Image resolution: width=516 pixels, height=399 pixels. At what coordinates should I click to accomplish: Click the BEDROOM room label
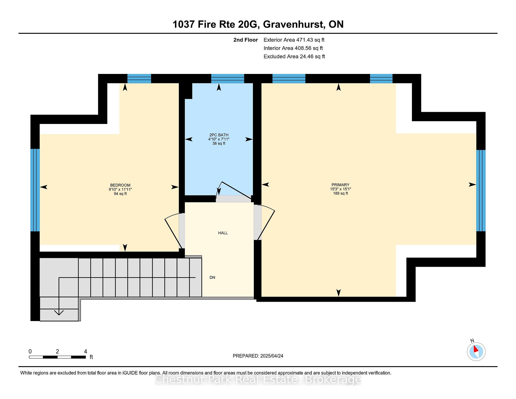click(x=120, y=185)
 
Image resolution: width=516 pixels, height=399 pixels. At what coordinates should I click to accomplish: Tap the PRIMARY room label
click(x=341, y=185)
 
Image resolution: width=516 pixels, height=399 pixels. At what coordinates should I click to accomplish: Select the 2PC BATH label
click(x=219, y=135)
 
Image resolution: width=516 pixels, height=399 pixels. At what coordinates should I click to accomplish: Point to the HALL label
click(x=223, y=233)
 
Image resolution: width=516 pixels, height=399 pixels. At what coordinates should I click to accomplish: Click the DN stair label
click(x=212, y=277)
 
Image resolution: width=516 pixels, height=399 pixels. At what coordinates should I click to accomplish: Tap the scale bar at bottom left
click(x=57, y=357)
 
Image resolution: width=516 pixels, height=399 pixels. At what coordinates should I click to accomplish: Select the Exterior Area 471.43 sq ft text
click(x=294, y=40)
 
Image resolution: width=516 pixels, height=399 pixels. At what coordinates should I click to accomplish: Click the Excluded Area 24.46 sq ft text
click(x=294, y=56)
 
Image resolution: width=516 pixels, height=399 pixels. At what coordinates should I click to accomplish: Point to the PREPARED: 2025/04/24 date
click(x=258, y=356)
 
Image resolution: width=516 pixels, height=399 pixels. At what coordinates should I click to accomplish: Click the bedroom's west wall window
click(x=35, y=190)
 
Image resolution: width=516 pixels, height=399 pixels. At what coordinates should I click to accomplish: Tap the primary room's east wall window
click(x=481, y=190)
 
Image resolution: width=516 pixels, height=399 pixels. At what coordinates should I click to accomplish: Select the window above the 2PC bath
click(x=228, y=79)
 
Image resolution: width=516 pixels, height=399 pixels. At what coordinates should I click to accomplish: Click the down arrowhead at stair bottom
click(x=59, y=312)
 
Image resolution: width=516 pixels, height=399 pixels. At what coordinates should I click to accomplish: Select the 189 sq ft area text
click(x=341, y=193)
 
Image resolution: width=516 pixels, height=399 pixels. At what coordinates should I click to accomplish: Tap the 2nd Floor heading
click(x=246, y=40)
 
